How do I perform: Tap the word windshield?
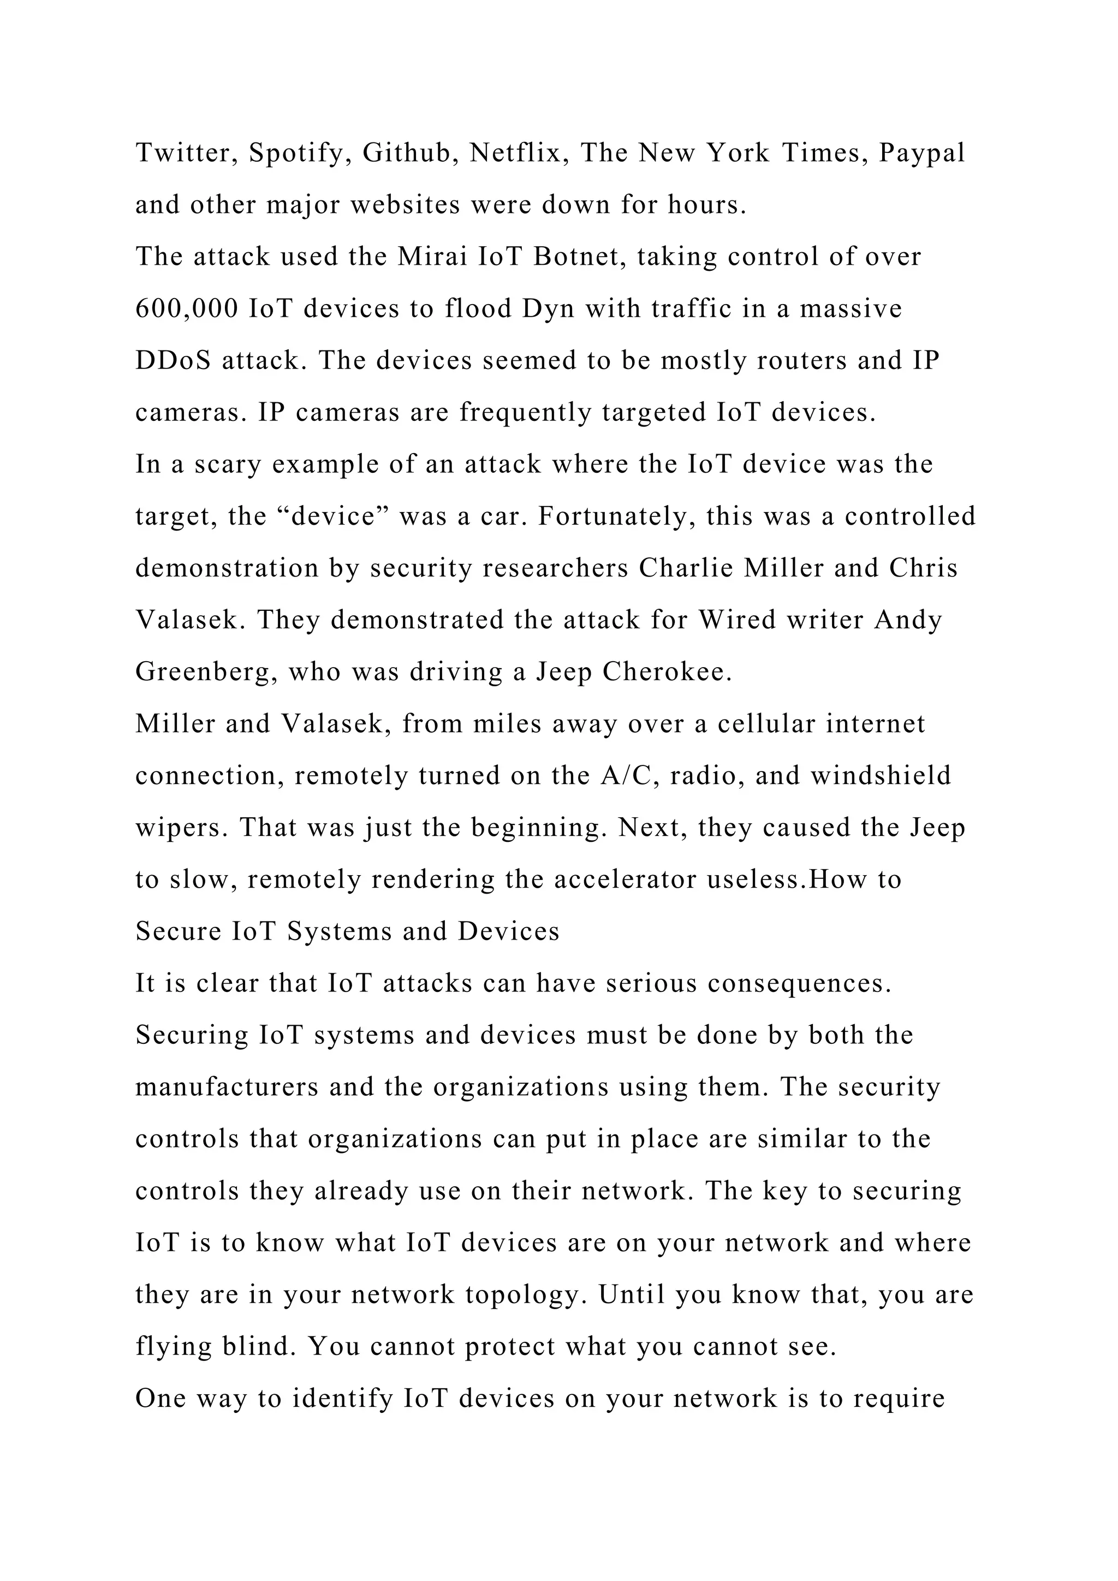tap(881, 776)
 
